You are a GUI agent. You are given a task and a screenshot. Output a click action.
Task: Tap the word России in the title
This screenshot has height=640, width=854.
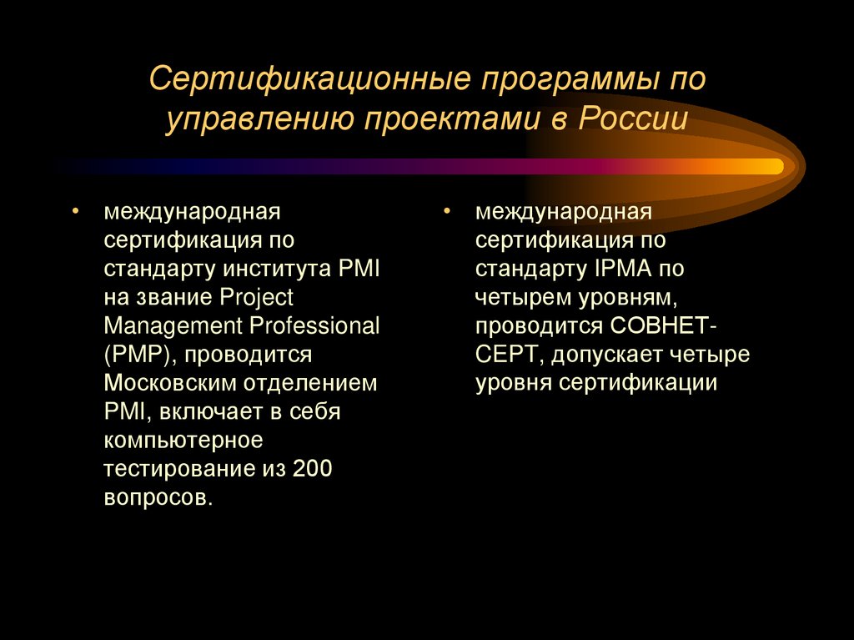click(x=631, y=118)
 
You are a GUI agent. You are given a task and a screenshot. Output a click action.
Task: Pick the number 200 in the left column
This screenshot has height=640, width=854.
click(x=313, y=469)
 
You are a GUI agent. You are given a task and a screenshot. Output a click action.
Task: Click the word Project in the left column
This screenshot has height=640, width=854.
click(x=257, y=297)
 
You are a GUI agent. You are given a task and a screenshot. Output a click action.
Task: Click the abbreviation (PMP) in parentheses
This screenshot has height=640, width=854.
click(x=138, y=355)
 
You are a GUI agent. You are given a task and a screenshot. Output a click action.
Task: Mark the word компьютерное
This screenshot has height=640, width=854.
click(x=183, y=440)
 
